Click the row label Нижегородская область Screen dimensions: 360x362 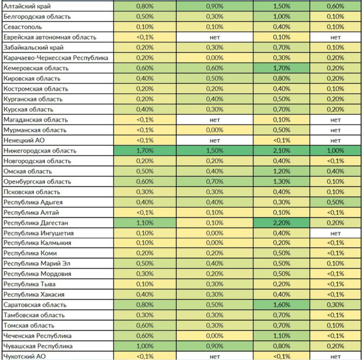(x=39, y=151)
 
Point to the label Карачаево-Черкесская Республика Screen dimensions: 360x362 (x=56, y=58)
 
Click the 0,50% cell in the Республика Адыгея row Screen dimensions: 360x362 (x=335, y=202)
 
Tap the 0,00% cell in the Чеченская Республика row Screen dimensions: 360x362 (x=214, y=336)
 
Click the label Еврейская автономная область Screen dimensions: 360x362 (x=49, y=37)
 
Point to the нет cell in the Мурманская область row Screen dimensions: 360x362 (x=335, y=130)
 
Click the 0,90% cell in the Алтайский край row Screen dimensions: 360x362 (x=214, y=6)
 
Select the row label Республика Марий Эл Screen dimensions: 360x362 (x=35, y=264)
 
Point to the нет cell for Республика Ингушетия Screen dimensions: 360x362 (x=335, y=233)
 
